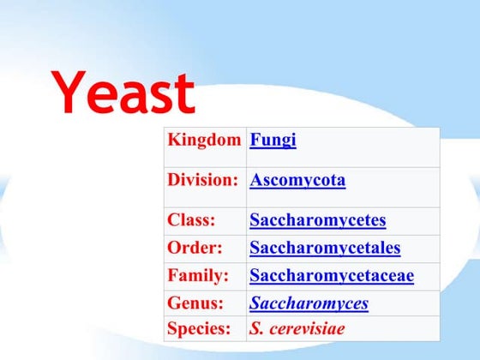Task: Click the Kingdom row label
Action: click(204, 140)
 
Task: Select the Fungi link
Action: click(273, 140)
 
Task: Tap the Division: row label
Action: click(202, 180)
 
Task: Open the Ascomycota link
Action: click(297, 180)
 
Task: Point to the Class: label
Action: click(191, 220)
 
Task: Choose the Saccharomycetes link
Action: click(317, 220)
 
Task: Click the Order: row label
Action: click(195, 248)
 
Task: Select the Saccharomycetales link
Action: click(325, 248)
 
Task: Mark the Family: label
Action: click(198, 275)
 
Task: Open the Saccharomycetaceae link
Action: click(332, 275)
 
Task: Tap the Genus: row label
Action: click(195, 303)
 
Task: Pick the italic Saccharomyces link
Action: click(309, 303)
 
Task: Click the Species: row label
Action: click(201, 327)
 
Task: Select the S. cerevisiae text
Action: click(296, 327)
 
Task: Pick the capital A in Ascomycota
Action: click(256, 180)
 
